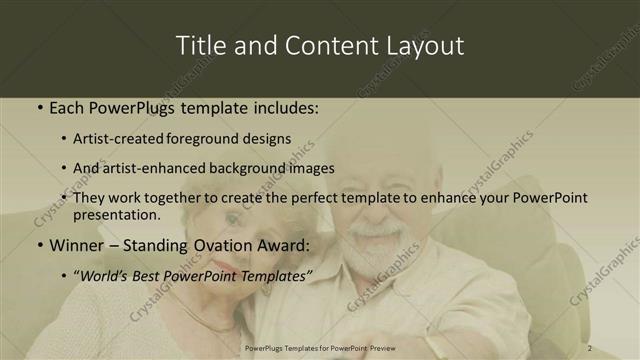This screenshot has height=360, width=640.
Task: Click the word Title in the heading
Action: point(200,46)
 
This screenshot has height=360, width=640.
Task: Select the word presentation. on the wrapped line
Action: point(117,214)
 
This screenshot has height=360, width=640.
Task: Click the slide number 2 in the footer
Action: point(590,348)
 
